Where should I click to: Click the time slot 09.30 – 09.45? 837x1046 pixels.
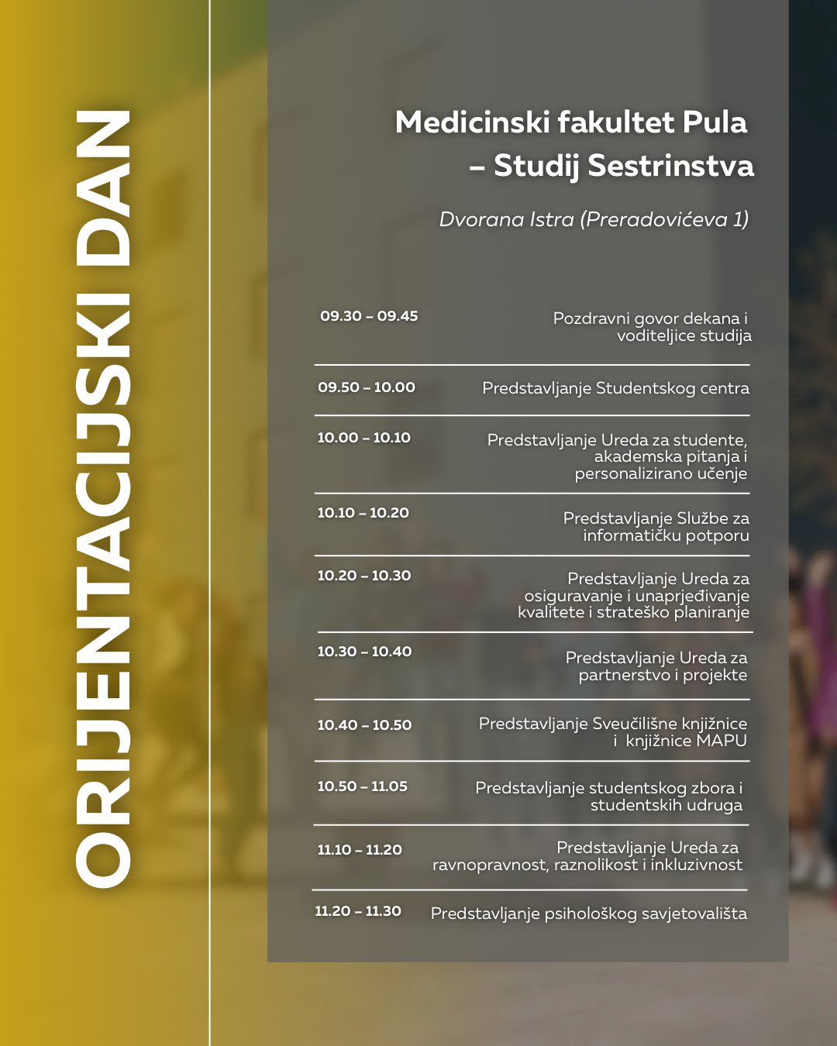[x=369, y=316]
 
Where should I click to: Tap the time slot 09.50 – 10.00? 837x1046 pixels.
[x=367, y=387]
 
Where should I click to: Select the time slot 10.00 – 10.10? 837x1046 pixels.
[x=363, y=438]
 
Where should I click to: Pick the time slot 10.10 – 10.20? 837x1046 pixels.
[x=363, y=513]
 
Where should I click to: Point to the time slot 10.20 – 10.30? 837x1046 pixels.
[x=363, y=576]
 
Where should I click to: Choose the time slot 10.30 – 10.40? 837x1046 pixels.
[x=364, y=652]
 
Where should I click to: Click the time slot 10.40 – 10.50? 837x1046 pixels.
[x=364, y=725]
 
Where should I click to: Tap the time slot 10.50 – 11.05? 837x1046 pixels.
[x=362, y=786]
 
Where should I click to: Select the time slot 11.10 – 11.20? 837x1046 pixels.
[x=360, y=850]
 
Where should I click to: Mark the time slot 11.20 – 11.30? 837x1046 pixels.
[x=358, y=911]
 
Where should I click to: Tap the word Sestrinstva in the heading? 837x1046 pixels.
[x=670, y=166]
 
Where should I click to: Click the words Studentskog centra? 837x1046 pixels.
[x=672, y=388]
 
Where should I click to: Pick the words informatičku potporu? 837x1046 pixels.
[x=666, y=535]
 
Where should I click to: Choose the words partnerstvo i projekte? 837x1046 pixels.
[x=663, y=675]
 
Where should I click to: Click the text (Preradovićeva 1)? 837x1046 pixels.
[x=664, y=220]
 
